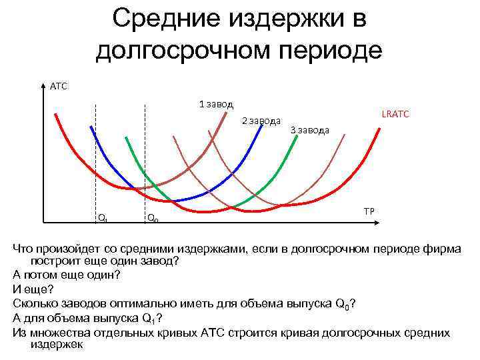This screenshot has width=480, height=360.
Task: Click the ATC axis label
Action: [x=59, y=85]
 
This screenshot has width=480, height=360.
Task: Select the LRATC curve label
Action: [x=395, y=115]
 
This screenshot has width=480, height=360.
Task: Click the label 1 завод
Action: [x=215, y=104]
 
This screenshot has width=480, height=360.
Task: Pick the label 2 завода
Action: [x=260, y=121]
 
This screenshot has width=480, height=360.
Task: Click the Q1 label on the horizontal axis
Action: [x=102, y=217]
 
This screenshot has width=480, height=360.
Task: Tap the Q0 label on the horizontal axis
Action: [x=152, y=217]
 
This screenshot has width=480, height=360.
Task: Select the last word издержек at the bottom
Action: [x=57, y=345]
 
